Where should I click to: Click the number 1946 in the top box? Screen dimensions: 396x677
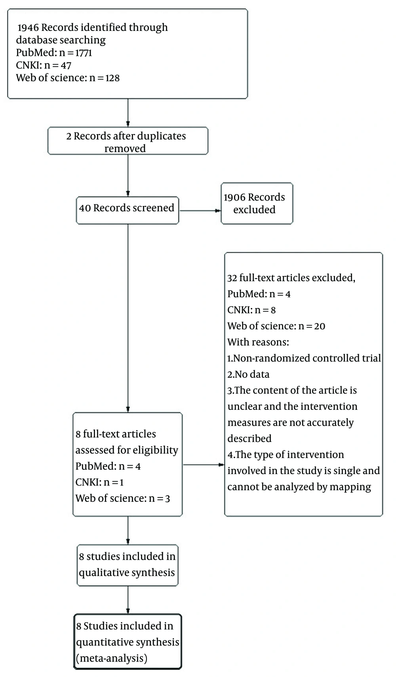28,27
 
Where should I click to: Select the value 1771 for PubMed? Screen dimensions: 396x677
84,53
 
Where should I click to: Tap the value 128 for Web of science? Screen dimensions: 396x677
112,78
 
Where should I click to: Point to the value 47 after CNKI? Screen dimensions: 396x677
66,65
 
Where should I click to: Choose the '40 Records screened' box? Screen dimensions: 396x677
128,210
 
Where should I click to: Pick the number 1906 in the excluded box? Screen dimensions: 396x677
235,197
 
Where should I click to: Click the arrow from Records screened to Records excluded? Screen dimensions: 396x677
200,210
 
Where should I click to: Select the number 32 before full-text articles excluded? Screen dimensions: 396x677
232,278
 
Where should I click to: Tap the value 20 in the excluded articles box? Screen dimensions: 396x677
320,326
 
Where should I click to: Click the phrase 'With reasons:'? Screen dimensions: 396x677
258,342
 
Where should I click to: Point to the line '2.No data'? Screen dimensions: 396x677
248,375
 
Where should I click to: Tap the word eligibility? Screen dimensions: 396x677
157,450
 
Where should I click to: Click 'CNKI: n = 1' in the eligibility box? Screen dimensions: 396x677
100,482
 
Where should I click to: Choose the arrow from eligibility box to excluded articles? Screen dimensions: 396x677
204,465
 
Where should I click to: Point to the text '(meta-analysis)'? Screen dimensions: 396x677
112,658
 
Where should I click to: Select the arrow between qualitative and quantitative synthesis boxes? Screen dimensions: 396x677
128,600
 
